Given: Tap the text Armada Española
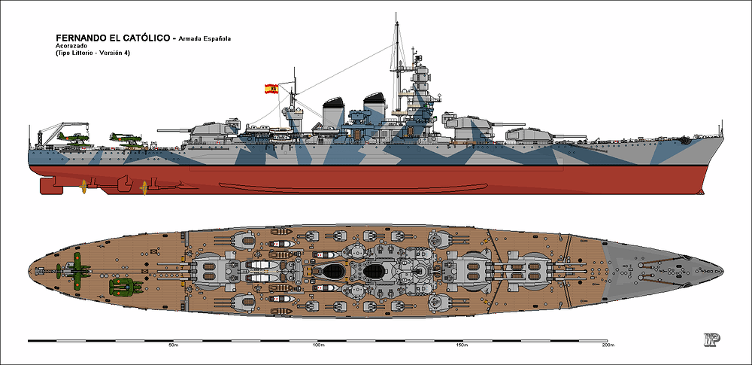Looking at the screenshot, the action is point(205,39).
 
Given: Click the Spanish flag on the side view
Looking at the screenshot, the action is point(271,89).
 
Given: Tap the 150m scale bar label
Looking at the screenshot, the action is point(462,345).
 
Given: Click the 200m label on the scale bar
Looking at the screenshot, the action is point(607,345).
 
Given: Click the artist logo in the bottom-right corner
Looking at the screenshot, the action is point(711,339).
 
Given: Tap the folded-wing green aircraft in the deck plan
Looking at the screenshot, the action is point(126,287).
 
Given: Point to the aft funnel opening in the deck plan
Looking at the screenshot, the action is point(333,272).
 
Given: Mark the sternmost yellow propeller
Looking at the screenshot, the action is point(83,187).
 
